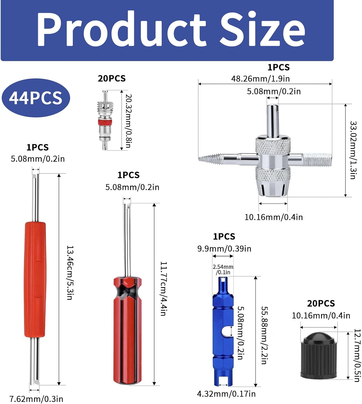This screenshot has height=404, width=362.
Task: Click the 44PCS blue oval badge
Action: pyautogui.click(x=36, y=98)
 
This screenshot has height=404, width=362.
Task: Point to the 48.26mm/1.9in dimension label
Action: pyautogui.click(x=260, y=79)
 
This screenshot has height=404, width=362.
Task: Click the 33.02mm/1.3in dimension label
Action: pyautogui.click(x=353, y=150)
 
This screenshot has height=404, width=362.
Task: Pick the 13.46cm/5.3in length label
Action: pyautogui.click(x=70, y=273)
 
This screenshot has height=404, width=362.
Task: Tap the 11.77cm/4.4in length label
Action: pyautogui.click(x=163, y=288)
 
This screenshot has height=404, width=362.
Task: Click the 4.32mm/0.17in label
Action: pyautogui.click(x=226, y=394)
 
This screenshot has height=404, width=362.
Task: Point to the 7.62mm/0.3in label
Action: pyautogui.click(x=36, y=399)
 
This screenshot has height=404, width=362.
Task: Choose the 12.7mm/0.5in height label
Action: pyautogui.click(x=357, y=355)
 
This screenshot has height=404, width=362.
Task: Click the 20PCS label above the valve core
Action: pyautogui.click(x=112, y=78)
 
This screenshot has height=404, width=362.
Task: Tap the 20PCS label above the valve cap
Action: pyautogui.click(x=321, y=303)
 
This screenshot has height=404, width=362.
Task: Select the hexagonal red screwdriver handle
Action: pyautogui.click(x=127, y=329)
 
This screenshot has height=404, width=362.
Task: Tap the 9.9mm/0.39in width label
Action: pyautogui.click(x=224, y=248)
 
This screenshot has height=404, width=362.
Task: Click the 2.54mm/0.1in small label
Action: pyautogui.click(x=223, y=269)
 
